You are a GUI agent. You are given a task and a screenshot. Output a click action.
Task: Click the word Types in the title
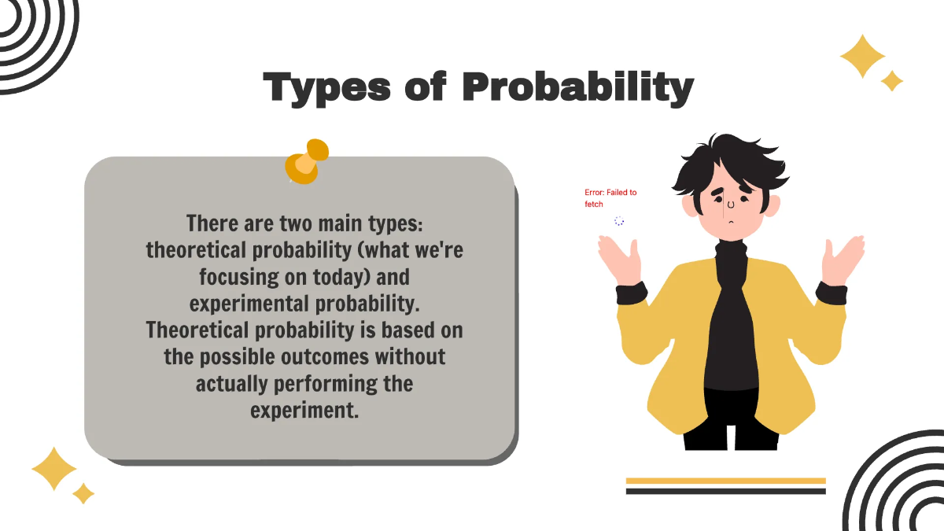click(328, 87)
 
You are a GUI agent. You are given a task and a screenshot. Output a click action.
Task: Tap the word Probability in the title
click(577, 87)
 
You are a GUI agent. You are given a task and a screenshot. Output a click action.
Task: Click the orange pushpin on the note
click(305, 161)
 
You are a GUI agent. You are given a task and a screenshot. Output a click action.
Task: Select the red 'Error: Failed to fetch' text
click(610, 198)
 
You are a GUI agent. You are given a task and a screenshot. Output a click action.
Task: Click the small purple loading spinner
click(619, 222)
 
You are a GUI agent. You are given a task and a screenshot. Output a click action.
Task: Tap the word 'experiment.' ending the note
click(304, 410)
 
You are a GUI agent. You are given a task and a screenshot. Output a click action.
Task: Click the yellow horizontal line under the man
click(725, 480)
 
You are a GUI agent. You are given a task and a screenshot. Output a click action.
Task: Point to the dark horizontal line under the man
click(725, 491)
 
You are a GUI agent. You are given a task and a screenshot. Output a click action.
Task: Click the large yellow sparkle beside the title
click(862, 56)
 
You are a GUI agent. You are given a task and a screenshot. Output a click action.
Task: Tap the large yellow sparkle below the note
click(54, 469)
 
